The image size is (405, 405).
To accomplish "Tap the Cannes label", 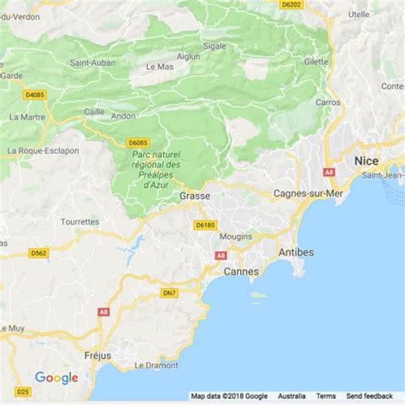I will (241, 271).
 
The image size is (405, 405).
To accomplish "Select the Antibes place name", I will (296, 252).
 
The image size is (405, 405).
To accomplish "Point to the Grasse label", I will (195, 196).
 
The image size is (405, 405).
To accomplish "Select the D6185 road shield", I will (204, 225).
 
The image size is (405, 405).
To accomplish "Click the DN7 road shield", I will (170, 293).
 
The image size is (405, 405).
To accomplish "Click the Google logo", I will (56, 378).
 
